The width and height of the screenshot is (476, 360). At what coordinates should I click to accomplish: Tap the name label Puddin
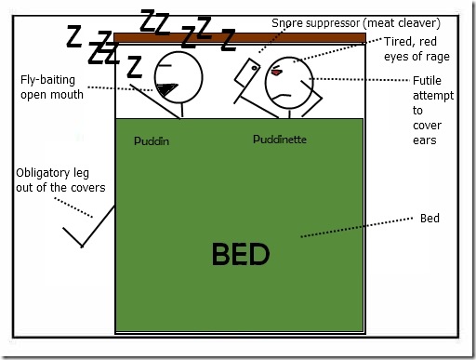(153, 141)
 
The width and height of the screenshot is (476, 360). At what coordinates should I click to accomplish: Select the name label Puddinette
(280, 140)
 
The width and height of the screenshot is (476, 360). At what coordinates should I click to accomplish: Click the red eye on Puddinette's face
(276, 71)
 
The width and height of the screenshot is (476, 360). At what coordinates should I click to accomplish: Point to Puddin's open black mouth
(167, 89)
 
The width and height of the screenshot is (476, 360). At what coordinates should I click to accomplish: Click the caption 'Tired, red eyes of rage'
(416, 49)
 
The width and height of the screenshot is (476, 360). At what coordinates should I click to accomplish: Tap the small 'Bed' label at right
(430, 219)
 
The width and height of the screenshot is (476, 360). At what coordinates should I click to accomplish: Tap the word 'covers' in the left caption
(87, 188)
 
